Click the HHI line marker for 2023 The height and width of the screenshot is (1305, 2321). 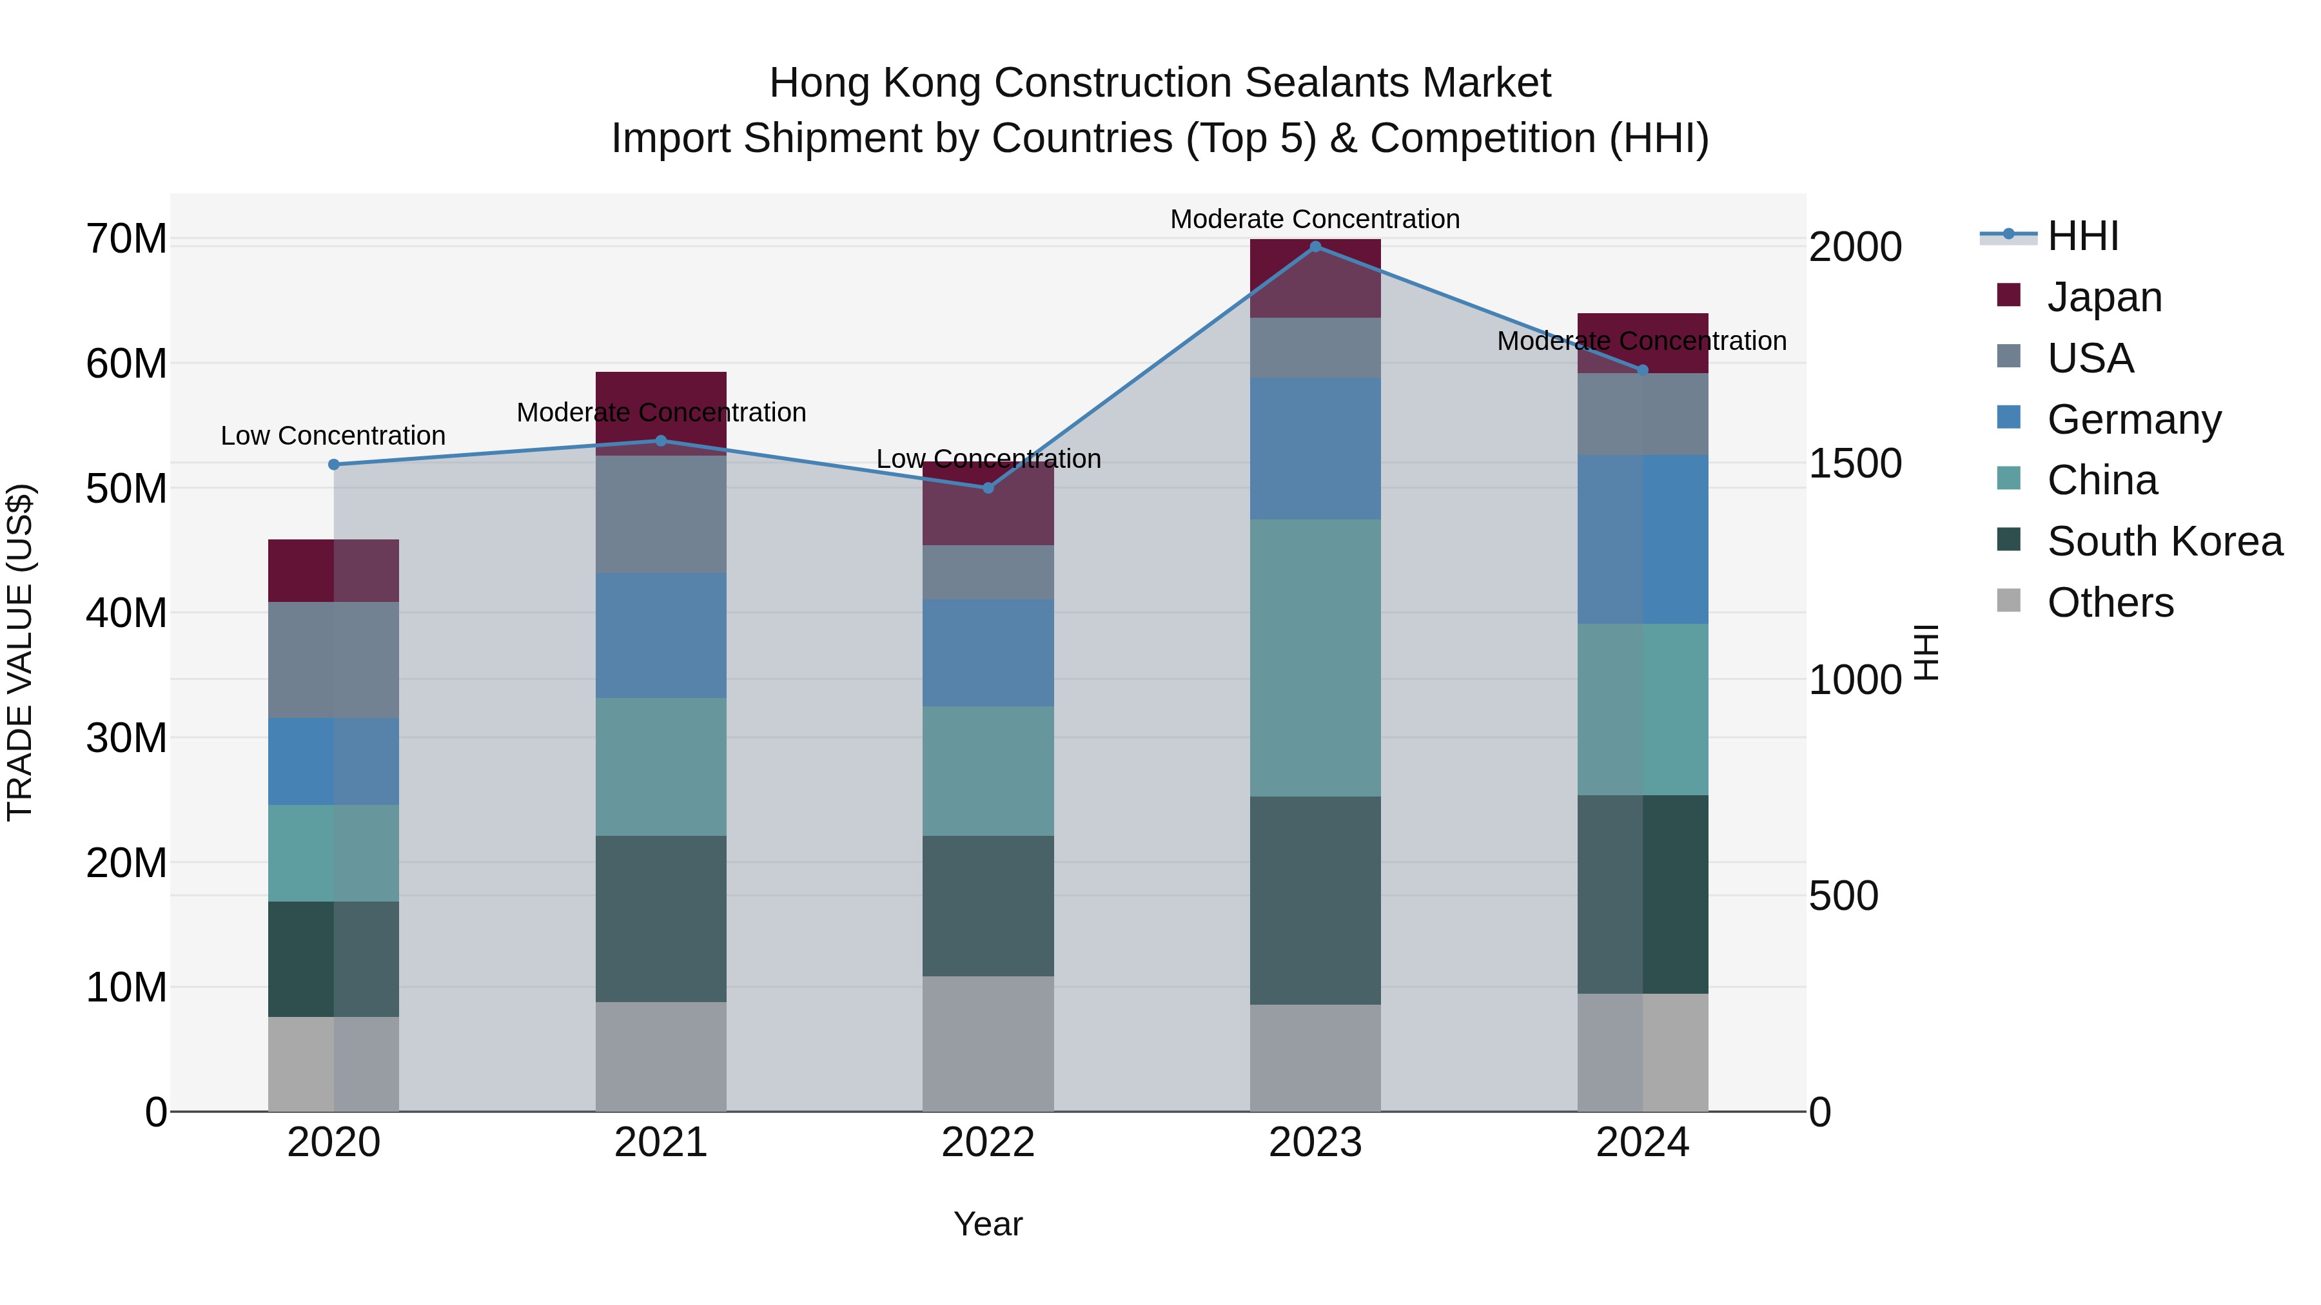pyautogui.click(x=1315, y=246)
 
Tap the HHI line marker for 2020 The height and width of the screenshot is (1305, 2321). pyautogui.click(x=333, y=465)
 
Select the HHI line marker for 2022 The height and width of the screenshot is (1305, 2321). pyautogui.click(x=988, y=488)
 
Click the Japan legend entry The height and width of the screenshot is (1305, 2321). pyautogui.click(x=2103, y=296)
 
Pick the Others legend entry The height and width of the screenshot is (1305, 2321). pyautogui.click(x=2110, y=603)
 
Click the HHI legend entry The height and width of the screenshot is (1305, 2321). pyautogui.click(x=2082, y=236)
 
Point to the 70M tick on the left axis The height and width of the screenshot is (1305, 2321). pyautogui.click(x=126, y=240)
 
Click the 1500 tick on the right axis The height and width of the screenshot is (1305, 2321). pyautogui.click(x=1855, y=464)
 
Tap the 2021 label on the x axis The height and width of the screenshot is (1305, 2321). pyautogui.click(x=660, y=1143)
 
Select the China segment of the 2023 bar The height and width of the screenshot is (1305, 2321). pyautogui.click(x=1315, y=657)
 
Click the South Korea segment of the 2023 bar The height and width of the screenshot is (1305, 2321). pyautogui.click(x=1315, y=901)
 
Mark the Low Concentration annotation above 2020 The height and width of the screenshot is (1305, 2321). pyautogui.click(x=333, y=436)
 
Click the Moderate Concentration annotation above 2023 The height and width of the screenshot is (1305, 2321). pyautogui.click(x=1315, y=219)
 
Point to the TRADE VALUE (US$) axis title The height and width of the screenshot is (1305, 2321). pyautogui.click(x=20, y=652)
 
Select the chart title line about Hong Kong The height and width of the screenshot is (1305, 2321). pyautogui.click(x=1160, y=83)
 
